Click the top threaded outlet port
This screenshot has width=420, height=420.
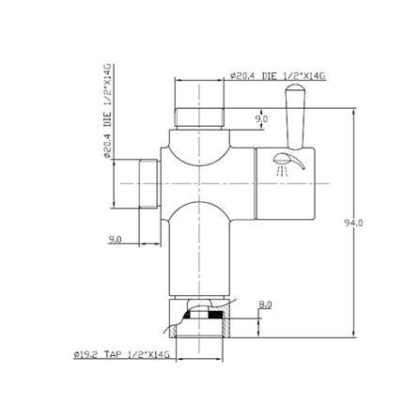coord(198,118)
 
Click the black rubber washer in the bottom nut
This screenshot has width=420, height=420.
coord(200,319)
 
